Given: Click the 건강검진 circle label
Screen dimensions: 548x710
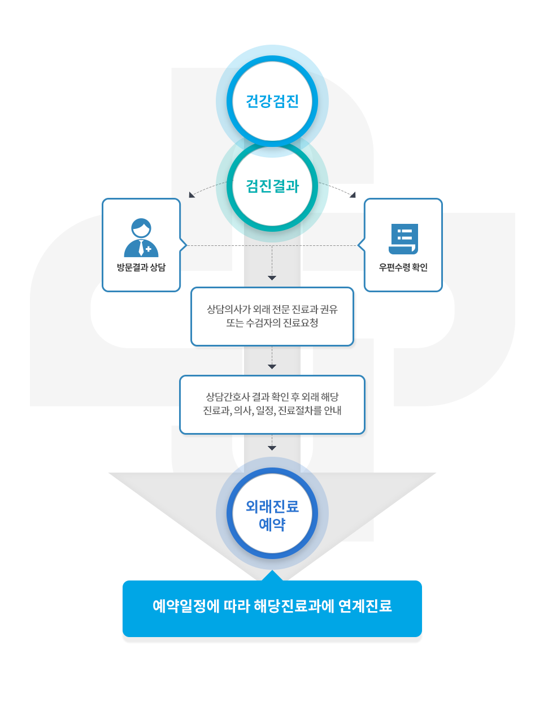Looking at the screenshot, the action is click(x=272, y=101).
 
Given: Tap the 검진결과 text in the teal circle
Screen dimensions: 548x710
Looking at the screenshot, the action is click(x=272, y=186).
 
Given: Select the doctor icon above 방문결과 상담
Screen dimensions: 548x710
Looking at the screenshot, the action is click(x=141, y=237).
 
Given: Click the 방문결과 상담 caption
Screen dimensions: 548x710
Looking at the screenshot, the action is click(x=141, y=267).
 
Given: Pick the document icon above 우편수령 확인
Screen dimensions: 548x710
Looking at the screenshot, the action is click(x=403, y=239).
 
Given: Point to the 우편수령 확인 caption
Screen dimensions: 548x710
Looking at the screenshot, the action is click(x=403, y=267).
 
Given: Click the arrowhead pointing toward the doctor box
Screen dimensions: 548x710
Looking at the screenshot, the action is click(x=192, y=195).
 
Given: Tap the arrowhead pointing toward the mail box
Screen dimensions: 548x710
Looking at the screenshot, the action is click(x=353, y=195).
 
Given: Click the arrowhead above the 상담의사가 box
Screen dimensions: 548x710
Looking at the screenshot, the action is click(x=272, y=278).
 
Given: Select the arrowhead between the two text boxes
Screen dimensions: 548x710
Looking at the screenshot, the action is click(x=272, y=367).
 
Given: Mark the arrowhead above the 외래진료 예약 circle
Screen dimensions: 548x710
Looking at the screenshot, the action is click(x=272, y=448).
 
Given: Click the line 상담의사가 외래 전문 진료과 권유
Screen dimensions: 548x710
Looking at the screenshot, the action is click(x=272, y=309).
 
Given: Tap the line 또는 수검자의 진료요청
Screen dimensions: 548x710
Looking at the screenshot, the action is click(x=272, y=323).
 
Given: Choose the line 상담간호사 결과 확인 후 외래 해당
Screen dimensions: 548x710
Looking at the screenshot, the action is click(x=272, y=397).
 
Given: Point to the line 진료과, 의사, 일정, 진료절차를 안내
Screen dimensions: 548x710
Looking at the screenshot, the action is click(x=272, y=410).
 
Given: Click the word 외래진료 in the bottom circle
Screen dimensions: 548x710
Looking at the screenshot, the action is click(x=272, y=506).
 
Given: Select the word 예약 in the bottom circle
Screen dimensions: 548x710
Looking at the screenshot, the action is click(x=272, y=525).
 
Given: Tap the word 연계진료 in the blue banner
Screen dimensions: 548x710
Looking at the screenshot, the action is click(x=365, y=606).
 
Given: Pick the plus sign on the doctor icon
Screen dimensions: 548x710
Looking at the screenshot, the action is click(x=149, y=249).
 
